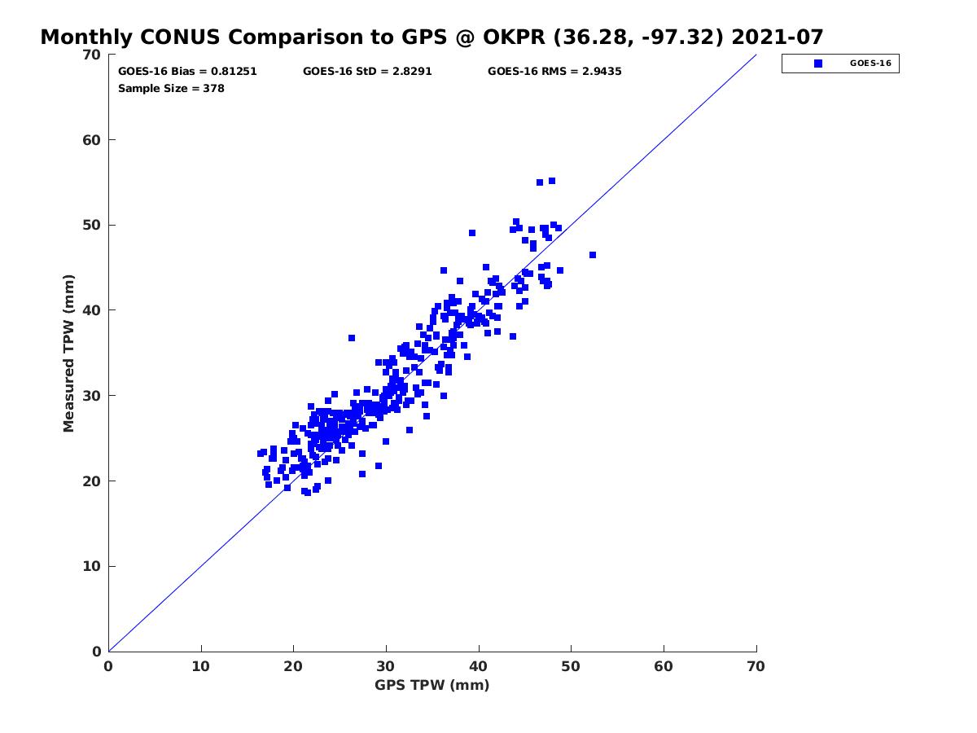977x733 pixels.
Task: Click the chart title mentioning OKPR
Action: (432, 37)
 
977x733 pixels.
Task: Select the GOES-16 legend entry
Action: (840, 64)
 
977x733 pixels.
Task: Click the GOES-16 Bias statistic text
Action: (187, 72)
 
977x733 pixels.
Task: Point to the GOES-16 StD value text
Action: (367, 72)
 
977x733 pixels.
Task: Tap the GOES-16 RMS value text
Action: (554, 72)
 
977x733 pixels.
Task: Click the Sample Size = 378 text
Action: (171, 88)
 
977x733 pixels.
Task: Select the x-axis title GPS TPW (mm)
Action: (432, 685)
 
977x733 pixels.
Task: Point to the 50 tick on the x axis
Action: (572, 666)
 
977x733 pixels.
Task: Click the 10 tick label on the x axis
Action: (201, 666)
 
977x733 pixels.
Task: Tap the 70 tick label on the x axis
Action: (756, 666)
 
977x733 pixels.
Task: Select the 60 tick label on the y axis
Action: (92, 140)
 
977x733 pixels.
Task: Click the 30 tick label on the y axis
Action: (92, 396)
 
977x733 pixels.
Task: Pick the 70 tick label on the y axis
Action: (92, 55)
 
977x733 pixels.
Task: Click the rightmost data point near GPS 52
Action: (593, 255)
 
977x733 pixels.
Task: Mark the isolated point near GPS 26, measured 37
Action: (352, 338)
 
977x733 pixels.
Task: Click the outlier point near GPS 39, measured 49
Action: (472, 233)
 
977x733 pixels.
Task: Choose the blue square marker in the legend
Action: (818, 64)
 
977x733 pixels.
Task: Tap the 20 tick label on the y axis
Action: (92, 481)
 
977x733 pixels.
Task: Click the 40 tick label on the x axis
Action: (479, 666)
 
